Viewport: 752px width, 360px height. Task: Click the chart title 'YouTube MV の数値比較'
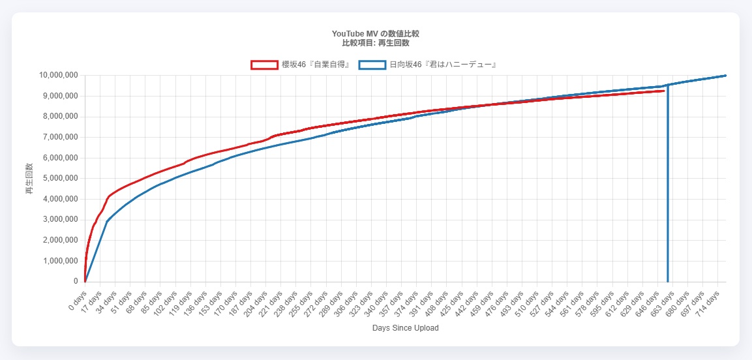[x=375, y=33]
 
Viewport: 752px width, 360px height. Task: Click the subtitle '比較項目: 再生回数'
[x=375, y=43]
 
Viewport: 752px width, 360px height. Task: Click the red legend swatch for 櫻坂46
[x=264, y=65]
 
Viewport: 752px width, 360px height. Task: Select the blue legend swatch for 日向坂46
[x=372, y=65]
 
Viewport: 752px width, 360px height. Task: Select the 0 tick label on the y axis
[x=76, y=282]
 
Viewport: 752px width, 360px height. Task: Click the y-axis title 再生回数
[x=29, y=179]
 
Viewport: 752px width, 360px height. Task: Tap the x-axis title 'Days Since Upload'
[x=405, y=328]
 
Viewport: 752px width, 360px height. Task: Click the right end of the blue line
[x=725, y=76]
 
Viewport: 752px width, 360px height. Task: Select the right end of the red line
[x=663, y=91]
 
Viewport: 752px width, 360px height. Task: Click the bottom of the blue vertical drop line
[x=667, y=281]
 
